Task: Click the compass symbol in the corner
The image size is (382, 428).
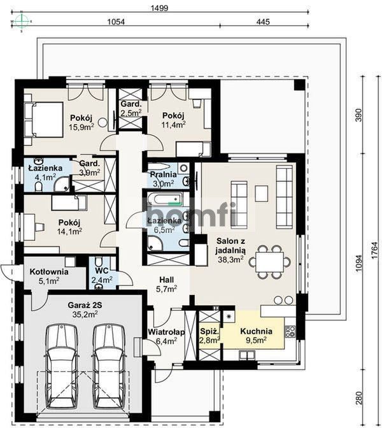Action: (22, 21)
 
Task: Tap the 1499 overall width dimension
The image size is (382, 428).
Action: (159, 8)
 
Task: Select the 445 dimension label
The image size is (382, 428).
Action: (263, 22)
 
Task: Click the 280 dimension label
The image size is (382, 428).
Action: (359, 398)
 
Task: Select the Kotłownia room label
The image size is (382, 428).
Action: (49, 272)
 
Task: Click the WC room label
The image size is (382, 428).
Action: (102, 271)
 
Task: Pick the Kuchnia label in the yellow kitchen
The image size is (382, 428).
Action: (256, 331)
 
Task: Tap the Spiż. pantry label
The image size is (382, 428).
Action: (209, 332)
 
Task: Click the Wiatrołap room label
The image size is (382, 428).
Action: (166, 332)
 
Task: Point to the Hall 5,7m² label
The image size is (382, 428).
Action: (166, 284)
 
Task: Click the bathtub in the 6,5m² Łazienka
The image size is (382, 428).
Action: (164, 199)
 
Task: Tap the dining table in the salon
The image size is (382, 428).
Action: (269, 262)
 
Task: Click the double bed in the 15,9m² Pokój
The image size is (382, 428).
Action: (44, 119)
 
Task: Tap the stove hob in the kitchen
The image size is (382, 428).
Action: (290, 331)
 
